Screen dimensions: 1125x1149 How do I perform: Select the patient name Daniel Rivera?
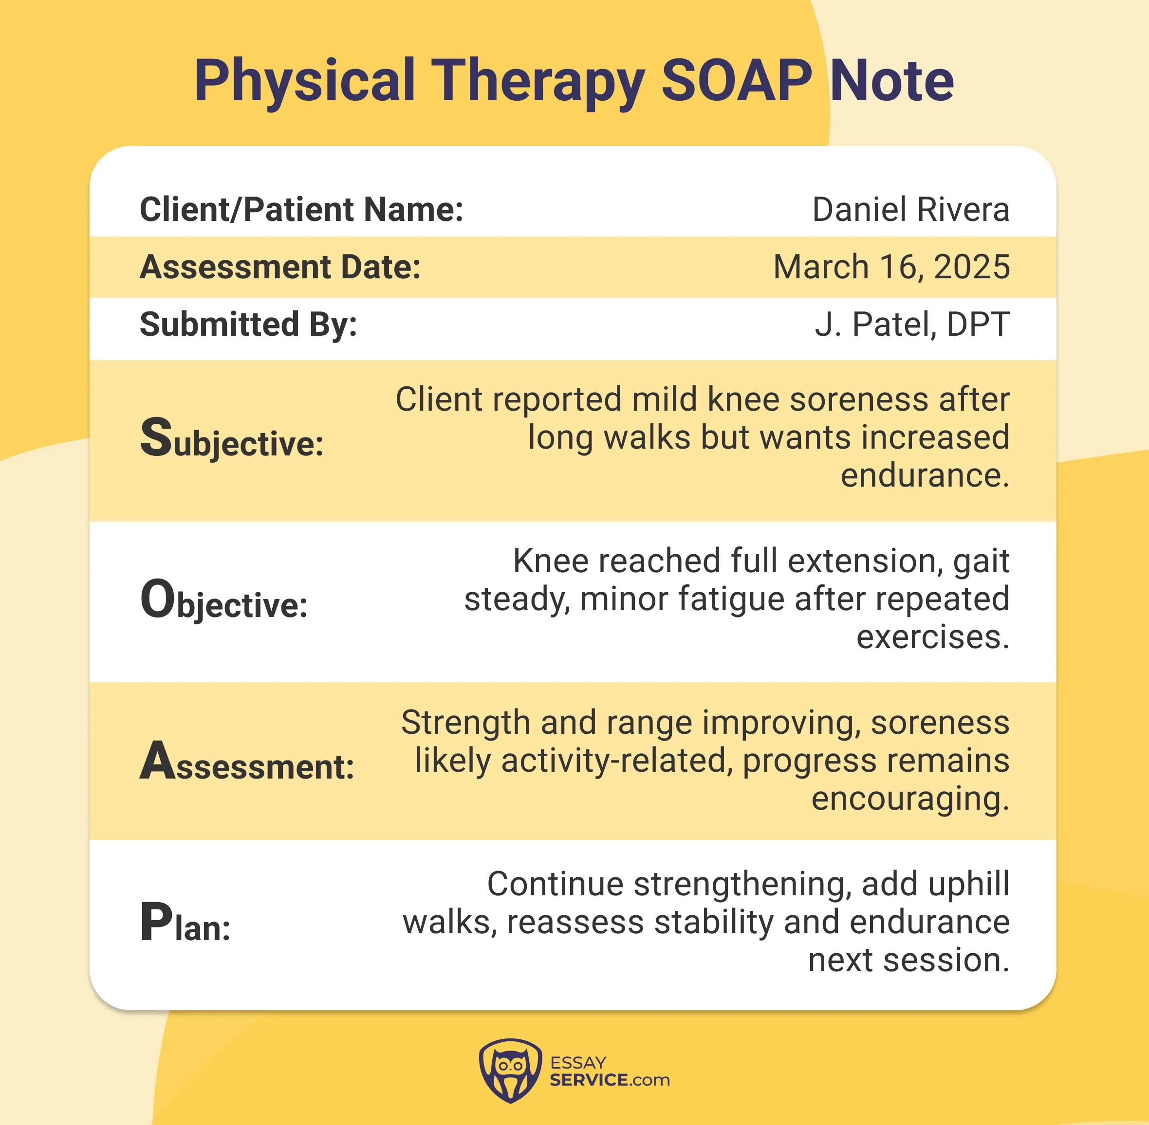click(910, 209)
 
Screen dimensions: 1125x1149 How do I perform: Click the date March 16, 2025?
click(891, 267)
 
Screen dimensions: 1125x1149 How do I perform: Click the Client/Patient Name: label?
click(301, 209)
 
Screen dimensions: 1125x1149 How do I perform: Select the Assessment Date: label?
click(280, 267)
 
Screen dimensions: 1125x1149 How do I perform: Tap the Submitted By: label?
click(248, 325)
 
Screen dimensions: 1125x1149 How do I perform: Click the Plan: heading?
click(185, 924)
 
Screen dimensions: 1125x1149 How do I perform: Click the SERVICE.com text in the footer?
click(610, 1080)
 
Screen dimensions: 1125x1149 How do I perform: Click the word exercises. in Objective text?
click(933, 637)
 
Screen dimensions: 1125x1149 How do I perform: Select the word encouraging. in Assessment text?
click(910, 799)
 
